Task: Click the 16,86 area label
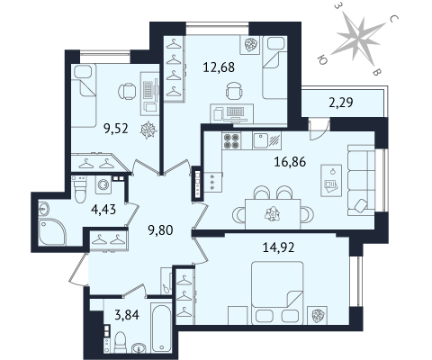click(290, 162)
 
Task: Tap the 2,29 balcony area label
click(341, 103)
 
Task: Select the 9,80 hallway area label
click(160, 230)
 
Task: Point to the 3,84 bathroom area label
click(127, 315)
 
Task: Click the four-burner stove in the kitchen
click(231, 140)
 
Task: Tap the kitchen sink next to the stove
click(260, 140)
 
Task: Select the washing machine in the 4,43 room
click(103, 184)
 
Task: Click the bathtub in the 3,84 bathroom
click(161, 328)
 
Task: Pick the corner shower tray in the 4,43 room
click(51, 231)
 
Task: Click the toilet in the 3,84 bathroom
click(121, 343)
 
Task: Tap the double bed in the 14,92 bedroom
click(277, 292)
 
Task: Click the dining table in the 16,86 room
click(273, 214)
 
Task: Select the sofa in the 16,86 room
click(361, 180)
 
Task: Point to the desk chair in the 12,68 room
click(234, 91)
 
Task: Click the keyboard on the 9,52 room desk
click(148, 89)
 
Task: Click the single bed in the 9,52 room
click(84, 95)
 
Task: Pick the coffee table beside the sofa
click(331, 181)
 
